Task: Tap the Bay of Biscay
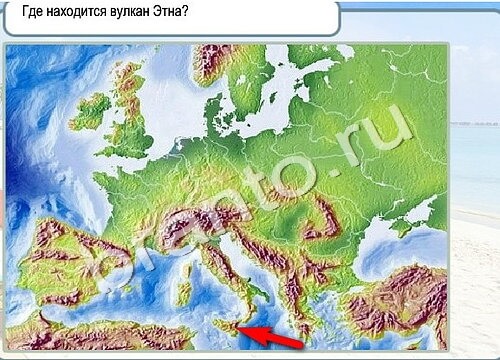[x=95, y=205]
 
